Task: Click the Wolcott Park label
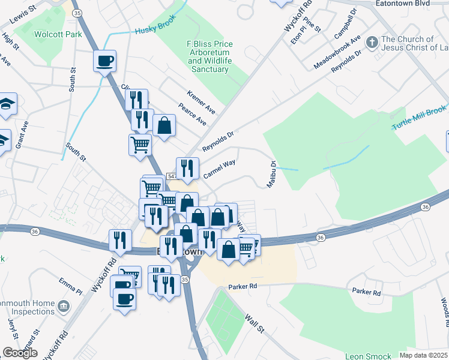[58, 34]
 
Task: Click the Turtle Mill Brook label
[420, 118]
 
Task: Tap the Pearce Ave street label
[192, 115]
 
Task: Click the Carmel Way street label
[218, 169]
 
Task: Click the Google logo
[20, 353]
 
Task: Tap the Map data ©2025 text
[423, 355]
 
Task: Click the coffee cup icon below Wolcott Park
[105, 61]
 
